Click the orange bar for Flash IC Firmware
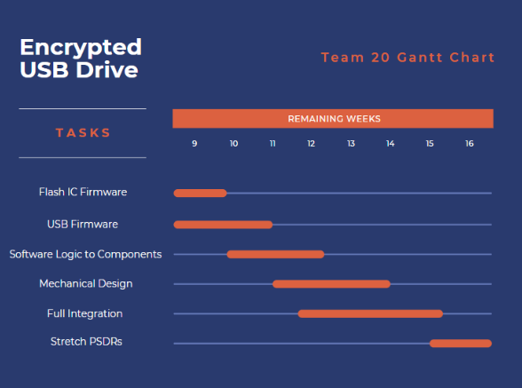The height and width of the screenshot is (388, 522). [201, 193]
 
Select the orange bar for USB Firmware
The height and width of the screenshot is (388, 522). [223, 225]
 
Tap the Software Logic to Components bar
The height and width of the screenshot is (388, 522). [275, 254]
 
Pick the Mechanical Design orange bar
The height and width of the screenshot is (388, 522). [331, 284]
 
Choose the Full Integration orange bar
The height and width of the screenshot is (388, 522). [370, 313]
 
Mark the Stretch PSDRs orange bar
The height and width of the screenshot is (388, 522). [461, 343]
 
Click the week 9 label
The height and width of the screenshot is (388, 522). [194, 143]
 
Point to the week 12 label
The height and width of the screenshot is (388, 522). [312, 143]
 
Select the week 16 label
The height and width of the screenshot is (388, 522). [469, 143]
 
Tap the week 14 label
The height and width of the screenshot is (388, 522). [390, 143]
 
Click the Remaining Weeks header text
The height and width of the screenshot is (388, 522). [333, 119]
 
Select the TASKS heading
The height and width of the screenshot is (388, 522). [83, 133]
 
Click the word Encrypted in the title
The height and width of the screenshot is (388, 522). [81, 47]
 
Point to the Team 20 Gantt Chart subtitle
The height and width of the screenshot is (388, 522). [407, 58]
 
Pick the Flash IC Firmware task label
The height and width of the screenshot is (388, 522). [83, 192]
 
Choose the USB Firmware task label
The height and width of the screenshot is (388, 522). [83, 224]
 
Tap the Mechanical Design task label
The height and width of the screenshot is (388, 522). [86, 283]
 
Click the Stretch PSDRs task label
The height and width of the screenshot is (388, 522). [86, 342]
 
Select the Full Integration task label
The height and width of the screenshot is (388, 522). [84, 313]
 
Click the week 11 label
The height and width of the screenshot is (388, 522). [273, 143]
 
